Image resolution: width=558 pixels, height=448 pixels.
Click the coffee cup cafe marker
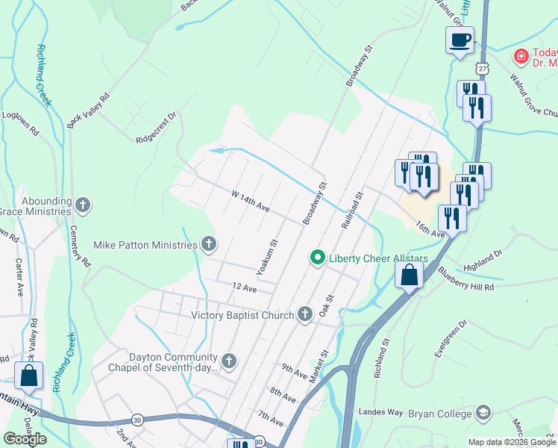460,39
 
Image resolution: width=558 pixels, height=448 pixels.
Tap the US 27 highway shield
483,68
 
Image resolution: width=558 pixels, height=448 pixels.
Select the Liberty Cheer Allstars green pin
317,258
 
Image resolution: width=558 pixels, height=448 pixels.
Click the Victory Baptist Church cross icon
304,314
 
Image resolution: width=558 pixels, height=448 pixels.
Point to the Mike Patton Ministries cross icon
210,244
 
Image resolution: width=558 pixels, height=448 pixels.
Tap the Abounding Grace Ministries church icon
83,205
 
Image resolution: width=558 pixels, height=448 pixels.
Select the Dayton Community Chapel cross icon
229,361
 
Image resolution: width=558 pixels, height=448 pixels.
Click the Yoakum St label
267,255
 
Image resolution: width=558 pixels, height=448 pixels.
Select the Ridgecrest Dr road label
156,128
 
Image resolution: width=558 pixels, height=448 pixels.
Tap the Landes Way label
385,412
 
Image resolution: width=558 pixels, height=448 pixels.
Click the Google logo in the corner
25,439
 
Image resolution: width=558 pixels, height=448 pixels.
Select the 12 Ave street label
244,287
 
